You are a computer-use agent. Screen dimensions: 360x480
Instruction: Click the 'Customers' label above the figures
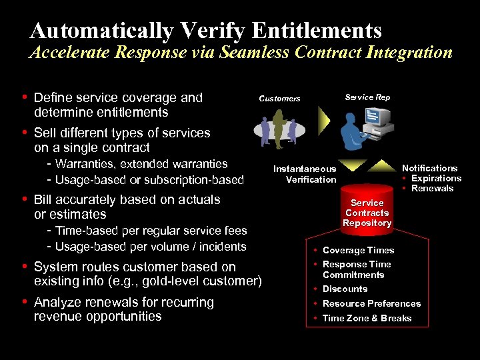(279, 99)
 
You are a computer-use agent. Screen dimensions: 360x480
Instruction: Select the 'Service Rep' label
(367, 97)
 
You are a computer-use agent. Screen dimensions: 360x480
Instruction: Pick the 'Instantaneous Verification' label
(305, 174)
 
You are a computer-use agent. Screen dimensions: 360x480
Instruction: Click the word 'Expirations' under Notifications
(436, 178)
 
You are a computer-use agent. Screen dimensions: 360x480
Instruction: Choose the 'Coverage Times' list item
(358, 250)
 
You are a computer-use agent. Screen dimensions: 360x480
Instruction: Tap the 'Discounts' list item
(345, 289)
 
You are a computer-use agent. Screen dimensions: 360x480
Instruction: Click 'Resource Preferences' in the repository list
(371, 303)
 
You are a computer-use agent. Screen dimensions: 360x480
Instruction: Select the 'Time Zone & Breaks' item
(367, 318)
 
